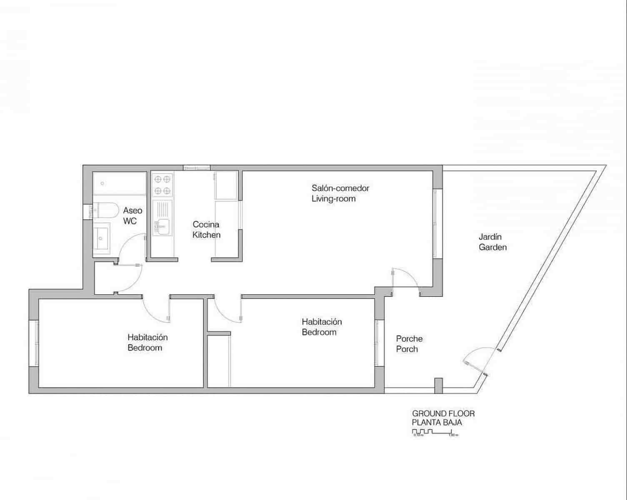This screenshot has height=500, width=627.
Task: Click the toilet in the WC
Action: point(104,210)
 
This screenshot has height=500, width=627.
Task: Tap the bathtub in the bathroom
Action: point(120,183)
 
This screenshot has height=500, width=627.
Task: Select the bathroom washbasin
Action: point(101,238)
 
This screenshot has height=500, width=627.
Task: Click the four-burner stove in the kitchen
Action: point(162,185)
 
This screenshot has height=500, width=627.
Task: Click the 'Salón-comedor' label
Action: point(340,188)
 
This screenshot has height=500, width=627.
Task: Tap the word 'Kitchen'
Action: point(206,235)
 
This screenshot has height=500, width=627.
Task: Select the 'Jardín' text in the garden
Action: point(490,237)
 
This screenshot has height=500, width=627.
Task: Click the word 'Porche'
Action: point(409,339)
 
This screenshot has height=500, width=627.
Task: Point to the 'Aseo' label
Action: point(132,211)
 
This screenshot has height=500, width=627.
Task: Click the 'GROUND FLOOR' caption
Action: point(443,414)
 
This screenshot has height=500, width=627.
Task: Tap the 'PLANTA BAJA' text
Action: point(437,422)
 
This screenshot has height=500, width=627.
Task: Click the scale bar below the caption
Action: point(435,432)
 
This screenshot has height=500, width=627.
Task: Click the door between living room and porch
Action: point(405,278)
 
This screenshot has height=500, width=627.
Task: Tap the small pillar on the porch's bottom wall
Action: point(438,385)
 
